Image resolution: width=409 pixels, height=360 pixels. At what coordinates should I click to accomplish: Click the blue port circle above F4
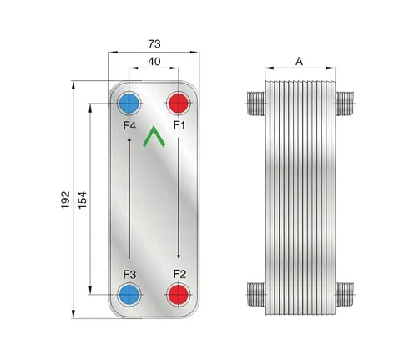point(129,103)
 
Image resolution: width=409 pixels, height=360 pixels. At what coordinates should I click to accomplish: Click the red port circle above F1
point(179,103)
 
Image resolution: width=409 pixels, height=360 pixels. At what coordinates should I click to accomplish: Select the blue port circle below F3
point(129,294)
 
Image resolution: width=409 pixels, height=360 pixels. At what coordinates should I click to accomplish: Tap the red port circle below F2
point(179,294)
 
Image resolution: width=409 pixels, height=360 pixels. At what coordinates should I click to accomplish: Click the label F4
point(129,125)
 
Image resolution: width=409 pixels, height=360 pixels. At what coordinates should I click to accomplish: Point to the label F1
point(179,125)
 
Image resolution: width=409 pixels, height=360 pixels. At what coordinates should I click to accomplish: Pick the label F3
point(129,275)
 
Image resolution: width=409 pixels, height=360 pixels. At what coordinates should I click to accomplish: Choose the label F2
point(179,274)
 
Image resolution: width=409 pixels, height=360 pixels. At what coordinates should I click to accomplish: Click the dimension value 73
point(154,44)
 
